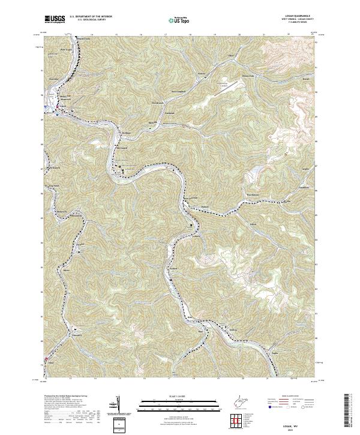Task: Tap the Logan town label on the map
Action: (x=61, y=106)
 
